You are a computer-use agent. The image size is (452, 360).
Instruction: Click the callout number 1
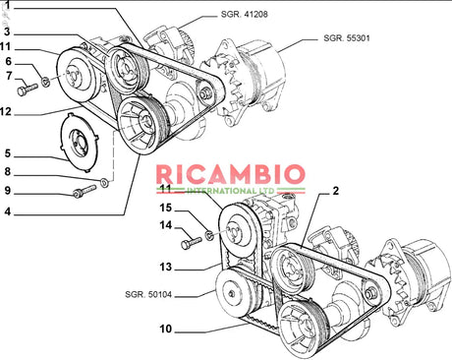pyautogui.click(x=7, y=7)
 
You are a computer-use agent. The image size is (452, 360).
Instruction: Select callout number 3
pyautogui.click(x=7, y=32)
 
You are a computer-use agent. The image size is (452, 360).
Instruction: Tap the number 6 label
pyautogui.click(x=7, y=61)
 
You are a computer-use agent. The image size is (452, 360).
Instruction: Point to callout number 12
pyautogui.click(x=8, y=111)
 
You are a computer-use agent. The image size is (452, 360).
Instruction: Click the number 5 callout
pyautogui.click(x=7, y=153)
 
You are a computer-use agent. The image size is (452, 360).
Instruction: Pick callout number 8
pyautogui.click(x=7, y=173)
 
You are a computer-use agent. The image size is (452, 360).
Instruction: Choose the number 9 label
pyautogui.click(x=7, y=191)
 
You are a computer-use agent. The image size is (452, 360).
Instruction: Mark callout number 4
pyautogui.click(x=7, y=212)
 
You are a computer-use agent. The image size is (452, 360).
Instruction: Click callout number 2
pyautogui.click(x=335, y=190)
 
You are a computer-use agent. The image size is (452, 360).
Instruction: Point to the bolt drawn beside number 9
pyautogui.click(x=84, y=191)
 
